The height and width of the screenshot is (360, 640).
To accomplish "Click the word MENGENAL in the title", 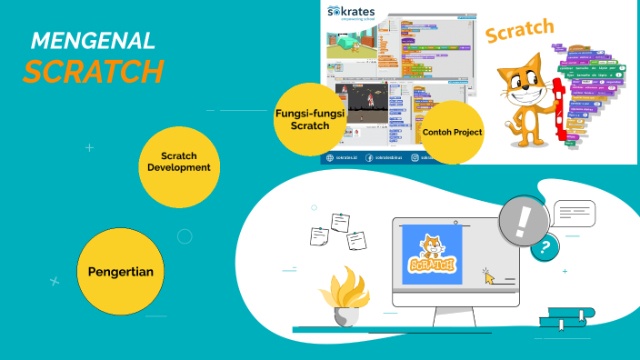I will click(93, 41).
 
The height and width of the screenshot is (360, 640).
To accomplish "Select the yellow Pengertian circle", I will click(120, 271).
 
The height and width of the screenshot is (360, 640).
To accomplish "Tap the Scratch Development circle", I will click(178, 162).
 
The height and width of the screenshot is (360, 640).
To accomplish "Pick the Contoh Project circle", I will click(452, 133).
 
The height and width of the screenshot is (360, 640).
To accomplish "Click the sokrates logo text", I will click(356, 11).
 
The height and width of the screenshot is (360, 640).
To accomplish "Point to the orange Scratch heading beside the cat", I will click(519, 31).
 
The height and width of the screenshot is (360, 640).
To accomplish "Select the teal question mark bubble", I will click(545, 246).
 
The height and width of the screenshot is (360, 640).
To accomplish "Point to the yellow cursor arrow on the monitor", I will click(490, 276).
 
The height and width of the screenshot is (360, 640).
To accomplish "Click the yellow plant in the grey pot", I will click(345, 291).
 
